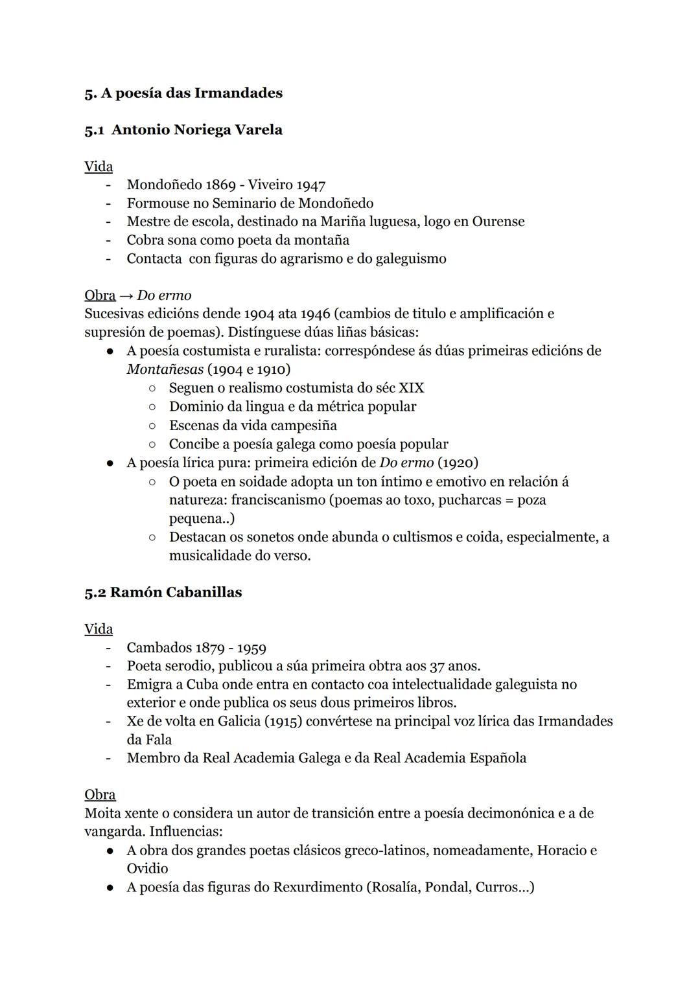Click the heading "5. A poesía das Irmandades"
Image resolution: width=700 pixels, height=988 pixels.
[x=183, y=93]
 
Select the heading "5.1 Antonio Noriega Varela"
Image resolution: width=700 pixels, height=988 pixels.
[x=183, y=130]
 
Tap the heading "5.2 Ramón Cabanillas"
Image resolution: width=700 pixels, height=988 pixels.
[x=163, y=592]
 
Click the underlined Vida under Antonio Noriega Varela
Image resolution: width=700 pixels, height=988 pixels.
[x=99, y=167]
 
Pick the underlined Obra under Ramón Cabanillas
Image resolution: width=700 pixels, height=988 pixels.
[x=100, y=794]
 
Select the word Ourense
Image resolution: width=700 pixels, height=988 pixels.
[x=498, y=222]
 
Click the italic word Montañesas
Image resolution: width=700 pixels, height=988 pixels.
[x=165, y=369]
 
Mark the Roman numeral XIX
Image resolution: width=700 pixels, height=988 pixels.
[x=411, y=388]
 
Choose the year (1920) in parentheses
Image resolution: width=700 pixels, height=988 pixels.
[x=458, y=463]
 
